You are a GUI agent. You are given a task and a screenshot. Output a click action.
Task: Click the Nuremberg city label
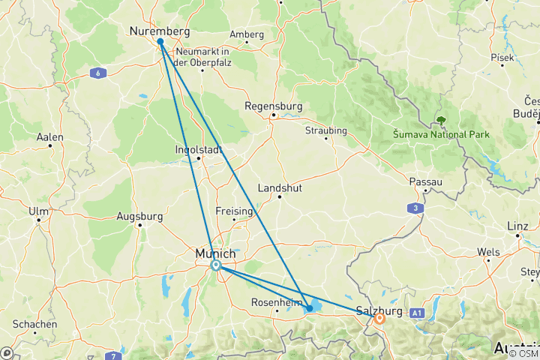pos(160,31)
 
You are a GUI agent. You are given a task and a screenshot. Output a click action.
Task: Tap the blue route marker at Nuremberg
pos(160,42)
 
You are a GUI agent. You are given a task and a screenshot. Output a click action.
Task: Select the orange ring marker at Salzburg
pos(379,318)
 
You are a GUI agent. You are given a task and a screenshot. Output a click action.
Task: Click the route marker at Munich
pos(216,265)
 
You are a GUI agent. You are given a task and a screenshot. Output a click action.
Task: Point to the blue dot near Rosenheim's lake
pos(310,308)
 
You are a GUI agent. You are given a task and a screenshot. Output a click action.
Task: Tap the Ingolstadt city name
pos(199,148)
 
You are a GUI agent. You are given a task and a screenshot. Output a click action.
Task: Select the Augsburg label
pos(140,217)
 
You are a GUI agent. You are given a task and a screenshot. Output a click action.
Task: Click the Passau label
pos(426,182)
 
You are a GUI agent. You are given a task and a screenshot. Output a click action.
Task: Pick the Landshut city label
pos(279,187)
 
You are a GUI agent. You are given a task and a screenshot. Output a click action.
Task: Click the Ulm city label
pos(38,211)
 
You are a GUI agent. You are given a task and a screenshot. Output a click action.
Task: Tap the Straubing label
pos(327,130)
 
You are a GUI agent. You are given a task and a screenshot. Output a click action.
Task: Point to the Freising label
pos(235,211)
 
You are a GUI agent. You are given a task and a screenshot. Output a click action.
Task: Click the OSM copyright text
pos(523,354)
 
